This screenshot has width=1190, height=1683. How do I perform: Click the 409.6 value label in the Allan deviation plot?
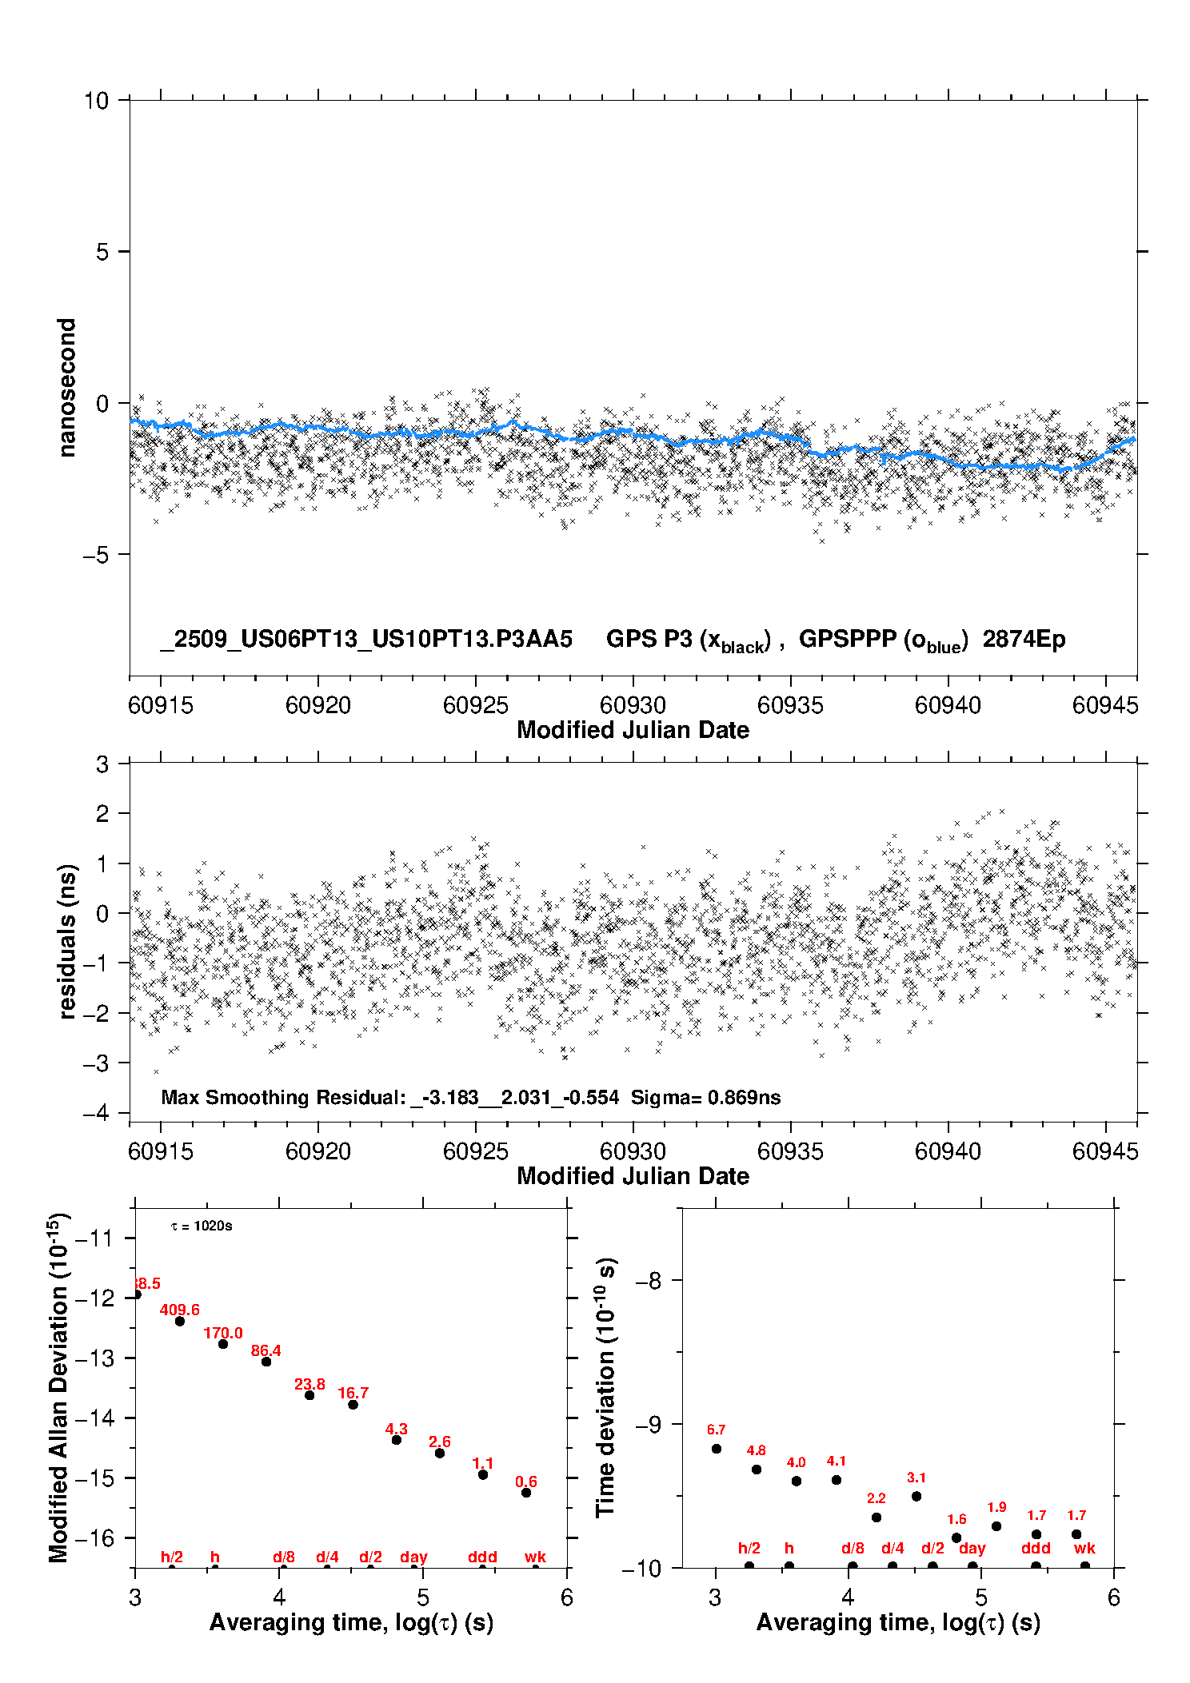pos(179,1310)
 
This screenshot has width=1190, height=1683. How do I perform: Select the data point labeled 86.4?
pos(266,1362)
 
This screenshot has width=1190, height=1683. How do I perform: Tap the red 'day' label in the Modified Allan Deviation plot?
pos(413,1557)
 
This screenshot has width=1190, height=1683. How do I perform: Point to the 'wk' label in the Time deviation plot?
pos(1084,1548)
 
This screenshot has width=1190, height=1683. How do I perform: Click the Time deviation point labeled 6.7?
pos(717,1449)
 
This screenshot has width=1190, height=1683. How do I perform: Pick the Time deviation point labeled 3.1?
pos(916,1496)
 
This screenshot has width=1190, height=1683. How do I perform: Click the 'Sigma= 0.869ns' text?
pos(705,1097)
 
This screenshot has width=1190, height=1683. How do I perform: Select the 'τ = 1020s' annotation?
pos(202,1226)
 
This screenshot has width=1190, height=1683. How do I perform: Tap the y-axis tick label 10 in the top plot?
pos(96,101)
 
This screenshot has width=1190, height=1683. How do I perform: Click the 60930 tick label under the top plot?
pos(633,705)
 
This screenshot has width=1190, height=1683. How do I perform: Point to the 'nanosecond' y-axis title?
pos(67,388)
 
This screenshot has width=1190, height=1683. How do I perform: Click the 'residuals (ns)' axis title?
pos(67,941)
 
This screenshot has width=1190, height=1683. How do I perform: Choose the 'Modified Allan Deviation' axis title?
pos(58,1387)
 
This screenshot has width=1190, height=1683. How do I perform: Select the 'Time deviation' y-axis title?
pos(605,1387)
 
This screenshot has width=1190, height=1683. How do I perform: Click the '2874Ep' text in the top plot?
pos(1024,640)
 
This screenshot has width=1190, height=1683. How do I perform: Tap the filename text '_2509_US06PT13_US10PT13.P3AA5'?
pos(366,640)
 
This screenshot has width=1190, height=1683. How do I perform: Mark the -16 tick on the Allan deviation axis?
pos(94,1537)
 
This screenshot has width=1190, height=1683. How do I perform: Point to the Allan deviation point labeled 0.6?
pos(526,1493)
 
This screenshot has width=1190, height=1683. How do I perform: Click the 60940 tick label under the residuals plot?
pos(948,1151)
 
